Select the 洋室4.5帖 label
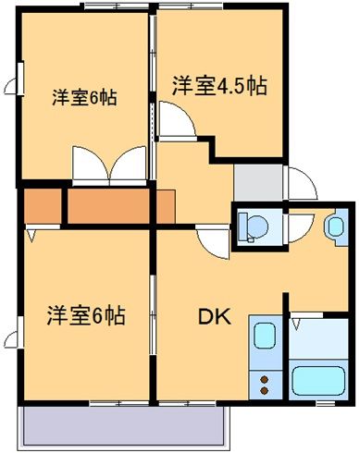click(x=219, y=87)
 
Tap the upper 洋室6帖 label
click(x=83, y=95)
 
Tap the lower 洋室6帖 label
click(x=85, y=315)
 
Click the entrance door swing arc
click(x=301, y=181)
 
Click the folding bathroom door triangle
click(x=296, y=324)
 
